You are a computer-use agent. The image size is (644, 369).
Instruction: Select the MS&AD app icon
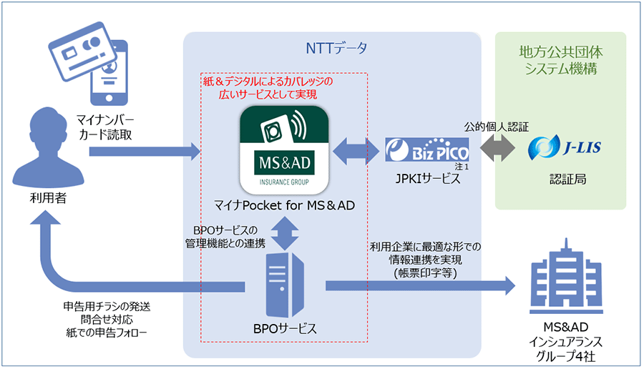(284, 149)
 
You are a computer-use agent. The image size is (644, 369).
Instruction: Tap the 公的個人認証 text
(501, 127)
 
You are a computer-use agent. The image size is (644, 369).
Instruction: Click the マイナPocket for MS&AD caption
(285, 208)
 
